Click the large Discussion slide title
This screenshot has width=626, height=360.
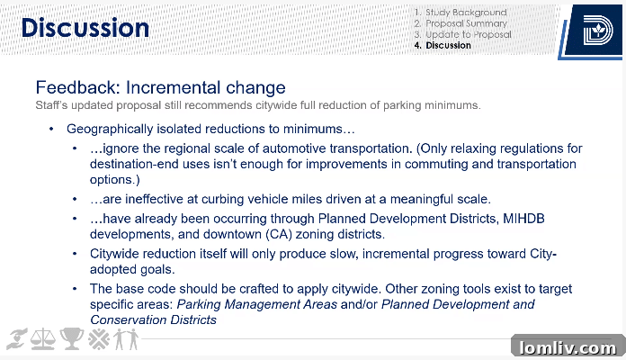pos(85,28)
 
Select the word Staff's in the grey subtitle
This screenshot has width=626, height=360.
pos(52,104)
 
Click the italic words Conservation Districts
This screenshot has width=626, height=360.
pos(152,319)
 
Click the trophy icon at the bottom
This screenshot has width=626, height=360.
pos(72,339)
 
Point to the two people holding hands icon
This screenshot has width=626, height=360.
pos(126,339)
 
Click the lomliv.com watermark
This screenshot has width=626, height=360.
pos(568,346)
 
